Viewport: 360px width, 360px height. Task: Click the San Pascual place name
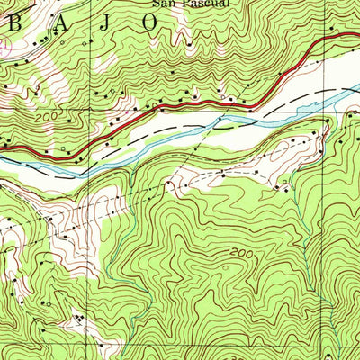pos(190,4)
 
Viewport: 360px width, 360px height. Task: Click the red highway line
pos(180,105)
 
